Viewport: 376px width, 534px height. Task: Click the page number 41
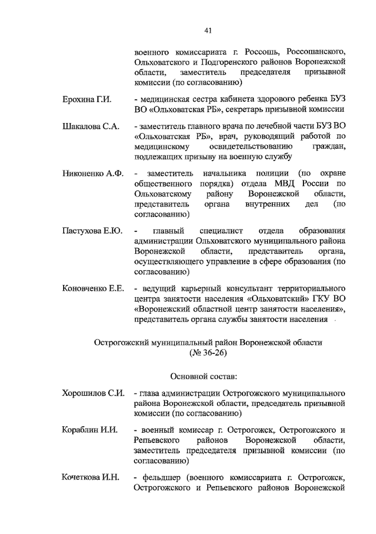pos(208,30)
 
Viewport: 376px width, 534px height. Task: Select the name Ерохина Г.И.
pos(87,100)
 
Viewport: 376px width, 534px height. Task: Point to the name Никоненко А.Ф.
pos(93,173)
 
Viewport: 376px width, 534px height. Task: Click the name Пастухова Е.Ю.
pos(92,231)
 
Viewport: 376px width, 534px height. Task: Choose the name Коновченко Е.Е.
pos(93,288)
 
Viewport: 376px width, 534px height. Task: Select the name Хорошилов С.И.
pos(93,393)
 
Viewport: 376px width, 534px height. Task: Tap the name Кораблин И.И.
pos(90,430)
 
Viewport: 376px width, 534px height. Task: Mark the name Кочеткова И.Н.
pos(91,478)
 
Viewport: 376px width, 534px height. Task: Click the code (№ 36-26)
pos(208,353)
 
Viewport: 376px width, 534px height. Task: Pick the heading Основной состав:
pos(204,376)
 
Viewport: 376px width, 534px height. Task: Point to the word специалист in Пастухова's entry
pos(221,231)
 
